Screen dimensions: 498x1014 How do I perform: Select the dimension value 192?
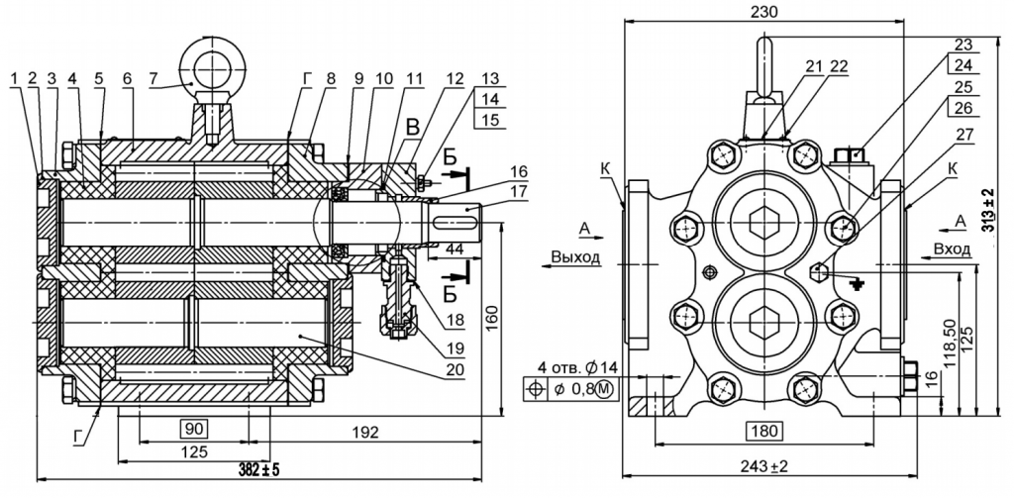[363, 432]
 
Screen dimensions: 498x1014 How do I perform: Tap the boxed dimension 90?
[194, 430]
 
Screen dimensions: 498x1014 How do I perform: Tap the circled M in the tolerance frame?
[603, 389]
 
